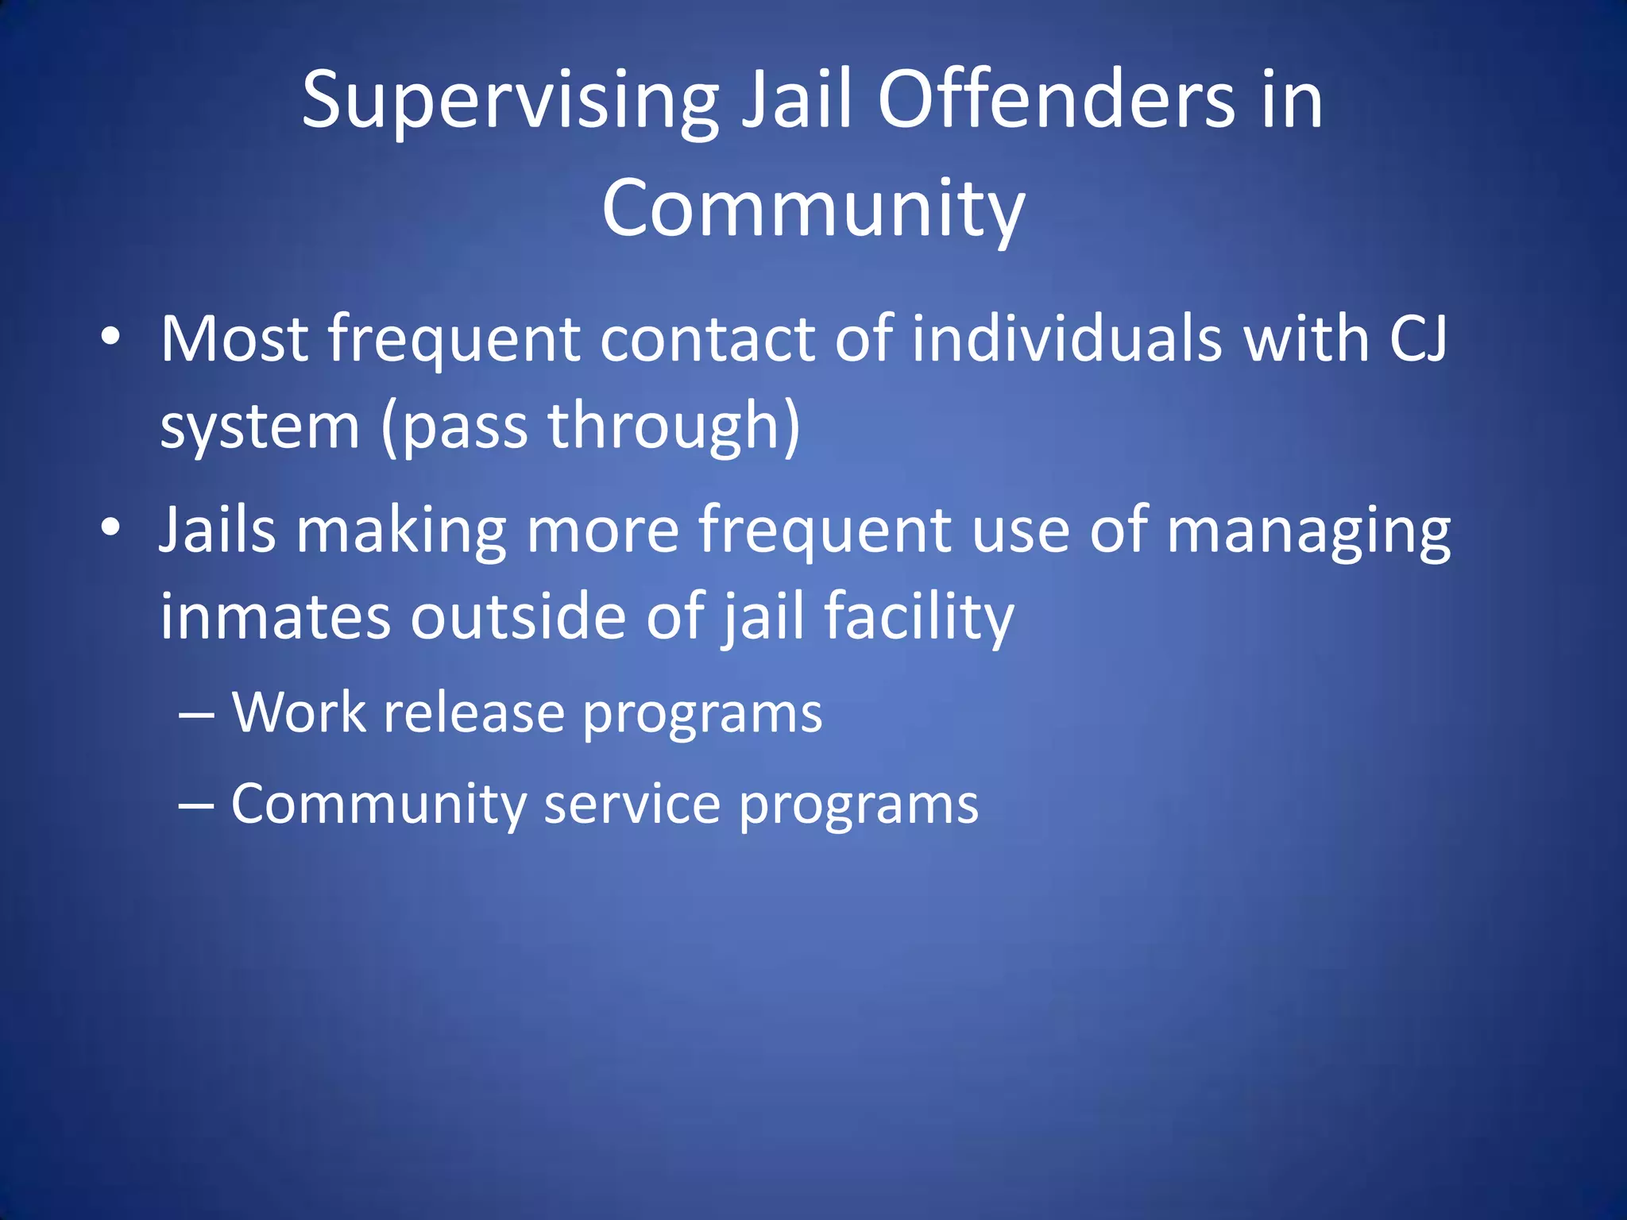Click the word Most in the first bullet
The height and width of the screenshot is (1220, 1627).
(234, 339)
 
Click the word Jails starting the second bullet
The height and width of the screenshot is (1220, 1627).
(218, 530)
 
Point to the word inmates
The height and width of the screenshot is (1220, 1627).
(275, 617)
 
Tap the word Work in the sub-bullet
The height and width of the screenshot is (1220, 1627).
(299, 712)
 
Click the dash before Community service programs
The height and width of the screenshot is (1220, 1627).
(196, 805)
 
